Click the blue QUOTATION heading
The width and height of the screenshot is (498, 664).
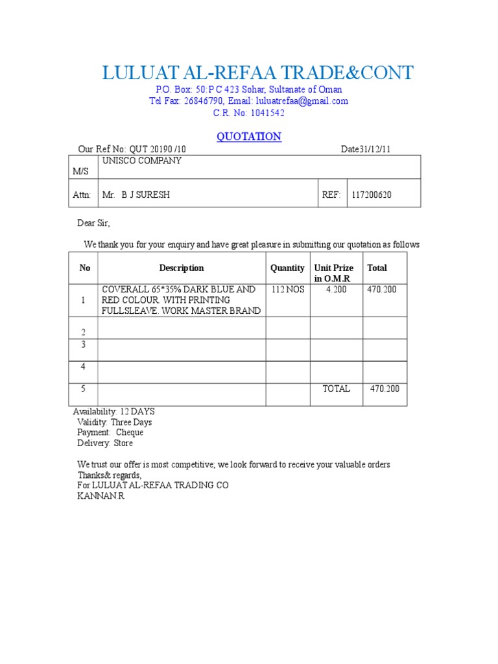(248, 136)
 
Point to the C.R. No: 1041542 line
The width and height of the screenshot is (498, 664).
(248, 113)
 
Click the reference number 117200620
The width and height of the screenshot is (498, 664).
(372, 195)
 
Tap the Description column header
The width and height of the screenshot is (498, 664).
(182, 268)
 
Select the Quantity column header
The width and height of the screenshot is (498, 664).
(287, 268)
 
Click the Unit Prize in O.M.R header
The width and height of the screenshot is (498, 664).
(334, 273)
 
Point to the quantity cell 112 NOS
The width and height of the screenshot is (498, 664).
(288, 289)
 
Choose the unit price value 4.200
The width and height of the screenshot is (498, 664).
(336, 289)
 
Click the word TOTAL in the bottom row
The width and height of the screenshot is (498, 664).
(336, 388)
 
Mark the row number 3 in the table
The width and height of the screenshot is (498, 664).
(83, 344)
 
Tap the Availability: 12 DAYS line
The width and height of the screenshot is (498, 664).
(114, 412)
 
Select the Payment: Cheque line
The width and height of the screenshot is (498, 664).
(110, 433)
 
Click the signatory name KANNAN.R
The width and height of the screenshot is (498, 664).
(101, 496)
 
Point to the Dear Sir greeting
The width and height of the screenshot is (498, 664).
(94, 223)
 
